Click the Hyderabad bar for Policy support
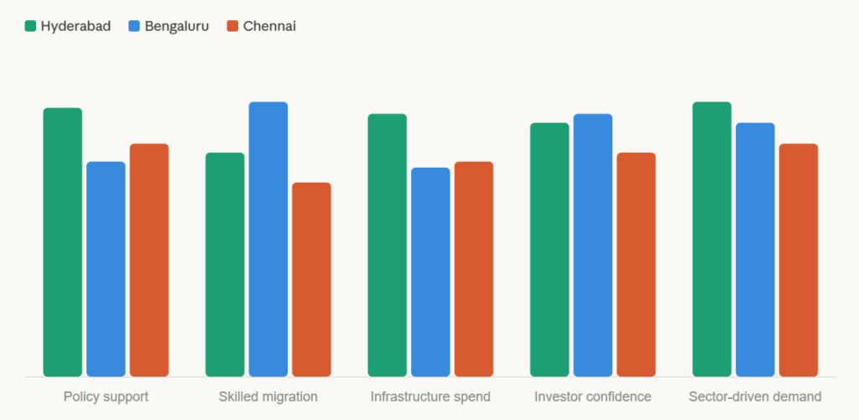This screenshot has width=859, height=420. point(63,242)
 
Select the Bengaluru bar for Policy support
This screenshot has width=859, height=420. point(106,269)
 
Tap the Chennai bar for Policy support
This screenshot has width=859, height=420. point(149,260)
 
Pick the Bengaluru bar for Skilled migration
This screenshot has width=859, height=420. point(268,239)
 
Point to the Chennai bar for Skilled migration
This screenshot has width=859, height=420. point(311,279)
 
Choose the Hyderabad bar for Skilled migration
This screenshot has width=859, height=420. point(225,264)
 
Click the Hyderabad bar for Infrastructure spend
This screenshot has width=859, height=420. point(387,245)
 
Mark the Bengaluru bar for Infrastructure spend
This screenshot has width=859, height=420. point(430,272)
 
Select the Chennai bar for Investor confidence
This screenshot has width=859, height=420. point(636,264)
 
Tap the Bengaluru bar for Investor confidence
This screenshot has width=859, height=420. point(593,245)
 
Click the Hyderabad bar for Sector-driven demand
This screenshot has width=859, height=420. point(712,239)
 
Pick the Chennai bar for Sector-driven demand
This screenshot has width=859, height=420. point(799,260)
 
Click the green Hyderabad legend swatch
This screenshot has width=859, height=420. point(31,26)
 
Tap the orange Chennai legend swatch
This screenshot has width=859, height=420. point(233,26)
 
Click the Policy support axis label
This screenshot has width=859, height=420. point(106,397)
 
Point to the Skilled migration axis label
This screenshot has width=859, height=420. point(268,397)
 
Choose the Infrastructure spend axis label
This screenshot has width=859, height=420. point(430,397)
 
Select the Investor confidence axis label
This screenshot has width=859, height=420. point(593,397)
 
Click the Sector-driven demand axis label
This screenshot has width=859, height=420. point(755,397)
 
